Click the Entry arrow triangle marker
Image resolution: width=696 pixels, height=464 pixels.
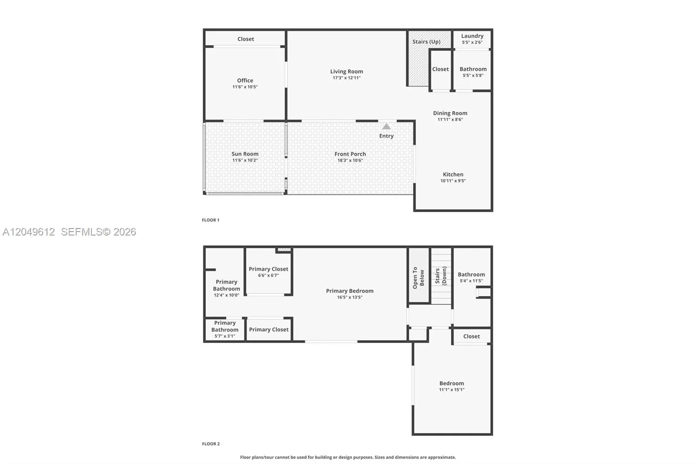tap(386, 126)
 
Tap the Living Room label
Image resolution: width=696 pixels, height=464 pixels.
tap(346, 71)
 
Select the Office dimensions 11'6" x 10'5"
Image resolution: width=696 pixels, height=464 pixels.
tap(245, 87)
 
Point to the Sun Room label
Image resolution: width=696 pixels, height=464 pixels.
tap(245, 154)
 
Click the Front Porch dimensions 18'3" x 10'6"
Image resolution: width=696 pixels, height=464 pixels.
tap(350, 160)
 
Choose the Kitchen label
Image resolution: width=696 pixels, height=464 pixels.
tap(453, 174)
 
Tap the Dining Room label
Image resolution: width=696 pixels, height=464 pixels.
tap(450, 113)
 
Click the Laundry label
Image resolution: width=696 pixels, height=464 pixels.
tap(472, 36)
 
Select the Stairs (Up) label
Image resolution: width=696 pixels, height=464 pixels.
tap(426, 42)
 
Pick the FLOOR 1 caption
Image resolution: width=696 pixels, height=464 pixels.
tap(211, 220)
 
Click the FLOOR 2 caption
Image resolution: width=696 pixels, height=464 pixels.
tap(211, 444)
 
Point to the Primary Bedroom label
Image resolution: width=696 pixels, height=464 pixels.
tap(350, 291)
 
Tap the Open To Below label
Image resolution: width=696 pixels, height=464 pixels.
tap(418, 278)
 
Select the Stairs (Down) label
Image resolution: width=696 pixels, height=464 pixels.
tap(441, 276)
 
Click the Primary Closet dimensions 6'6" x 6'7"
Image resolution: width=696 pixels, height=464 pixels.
tap(268, 275)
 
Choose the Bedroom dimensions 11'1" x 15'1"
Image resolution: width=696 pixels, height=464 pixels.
tap(452, 390)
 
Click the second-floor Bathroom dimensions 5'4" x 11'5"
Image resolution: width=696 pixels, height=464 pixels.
tap(471, 281)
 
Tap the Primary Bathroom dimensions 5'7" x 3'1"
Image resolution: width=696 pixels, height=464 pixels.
tap(224, 336)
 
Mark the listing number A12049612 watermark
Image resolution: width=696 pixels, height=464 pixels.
tap(29, 232)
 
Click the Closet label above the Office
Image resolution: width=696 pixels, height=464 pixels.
tap(245, 39)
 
